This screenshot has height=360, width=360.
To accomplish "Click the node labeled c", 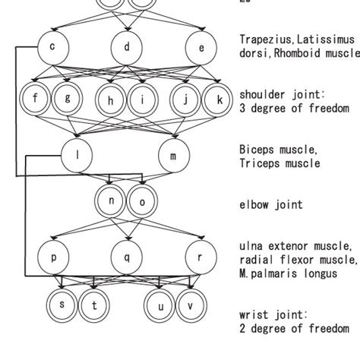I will pos(52,48).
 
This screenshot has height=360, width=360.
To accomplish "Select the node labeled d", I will pos(127,48).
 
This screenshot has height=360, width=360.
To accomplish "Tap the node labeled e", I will pos(201,48).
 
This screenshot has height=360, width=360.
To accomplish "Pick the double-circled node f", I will pos(34,99).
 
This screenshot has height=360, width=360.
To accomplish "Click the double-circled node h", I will pos(111,99).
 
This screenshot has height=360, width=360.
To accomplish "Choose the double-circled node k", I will pos(219,99).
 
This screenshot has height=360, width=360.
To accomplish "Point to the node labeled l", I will pos(80,155).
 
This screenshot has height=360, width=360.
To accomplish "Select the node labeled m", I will pos(173,156).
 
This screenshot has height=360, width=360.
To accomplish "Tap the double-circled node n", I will pos(111,202).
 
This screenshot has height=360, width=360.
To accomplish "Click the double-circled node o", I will pos(142,202).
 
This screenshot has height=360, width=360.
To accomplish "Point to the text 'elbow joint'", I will pos(271,204).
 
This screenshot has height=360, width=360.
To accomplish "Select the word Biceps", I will pos(256,150).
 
